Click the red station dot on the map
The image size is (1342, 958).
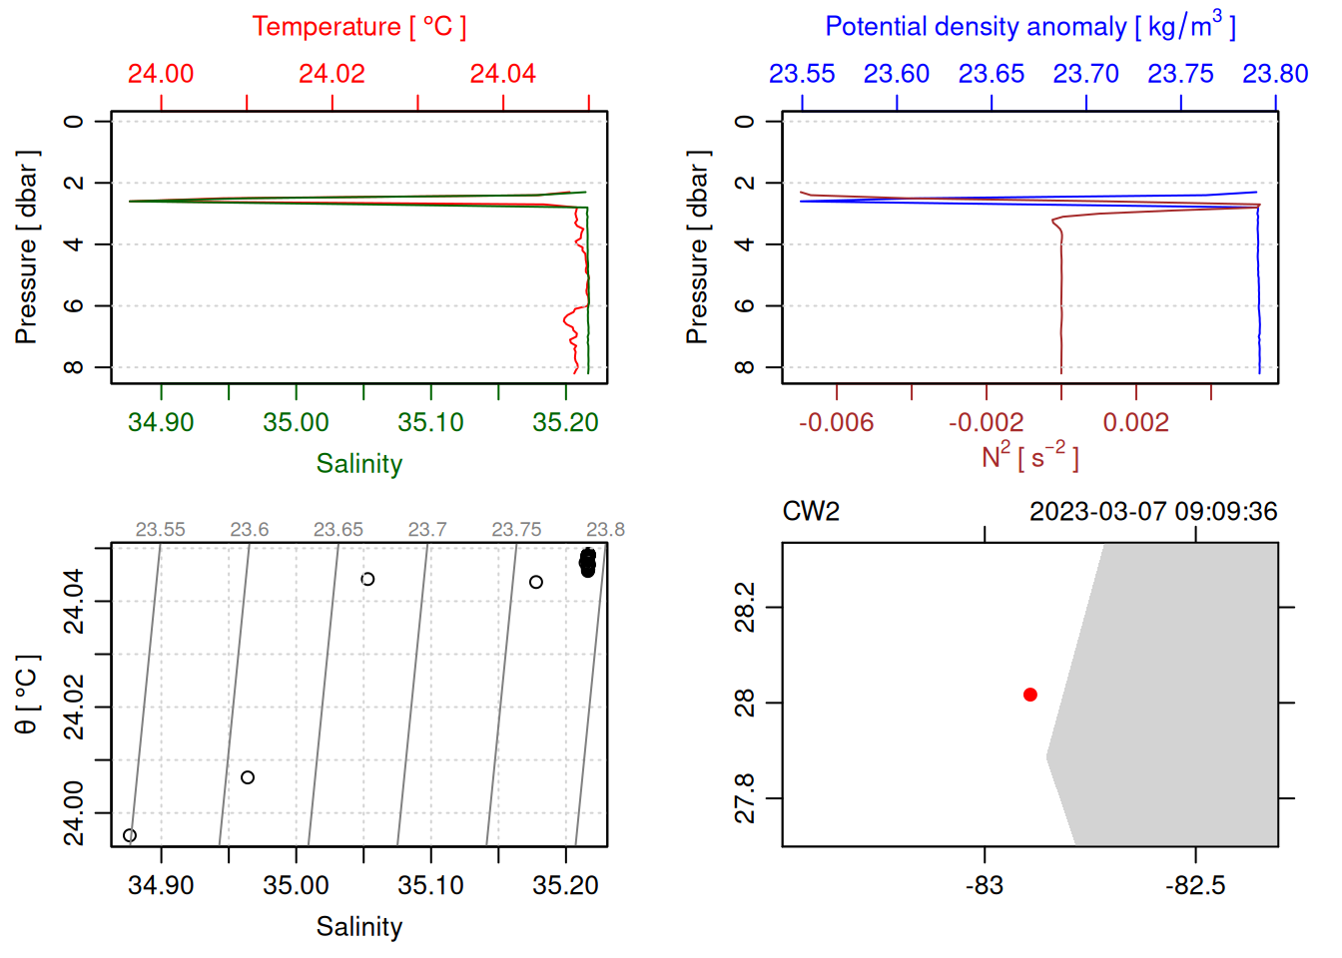1029,695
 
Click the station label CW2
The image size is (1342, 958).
810,512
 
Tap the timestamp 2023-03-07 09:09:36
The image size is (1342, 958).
1152,512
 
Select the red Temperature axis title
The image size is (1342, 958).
358,27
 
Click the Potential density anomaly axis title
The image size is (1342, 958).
1029,26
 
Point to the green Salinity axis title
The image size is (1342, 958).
358,464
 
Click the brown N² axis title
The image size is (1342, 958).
1029,457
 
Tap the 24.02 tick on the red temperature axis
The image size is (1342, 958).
332,74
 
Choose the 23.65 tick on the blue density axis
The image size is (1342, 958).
991,74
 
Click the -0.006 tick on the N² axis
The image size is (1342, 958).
836,422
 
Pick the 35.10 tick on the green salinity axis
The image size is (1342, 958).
430,422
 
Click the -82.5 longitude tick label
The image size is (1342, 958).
1194,885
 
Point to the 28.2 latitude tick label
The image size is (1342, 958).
745,607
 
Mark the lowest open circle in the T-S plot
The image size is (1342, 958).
130,835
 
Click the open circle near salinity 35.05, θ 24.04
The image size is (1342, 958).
367,579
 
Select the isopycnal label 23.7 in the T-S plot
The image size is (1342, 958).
426,530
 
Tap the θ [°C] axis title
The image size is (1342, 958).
27,695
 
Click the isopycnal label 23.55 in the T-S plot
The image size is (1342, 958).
160,530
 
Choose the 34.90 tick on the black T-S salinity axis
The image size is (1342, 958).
161,885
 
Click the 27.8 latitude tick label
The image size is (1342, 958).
745,798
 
